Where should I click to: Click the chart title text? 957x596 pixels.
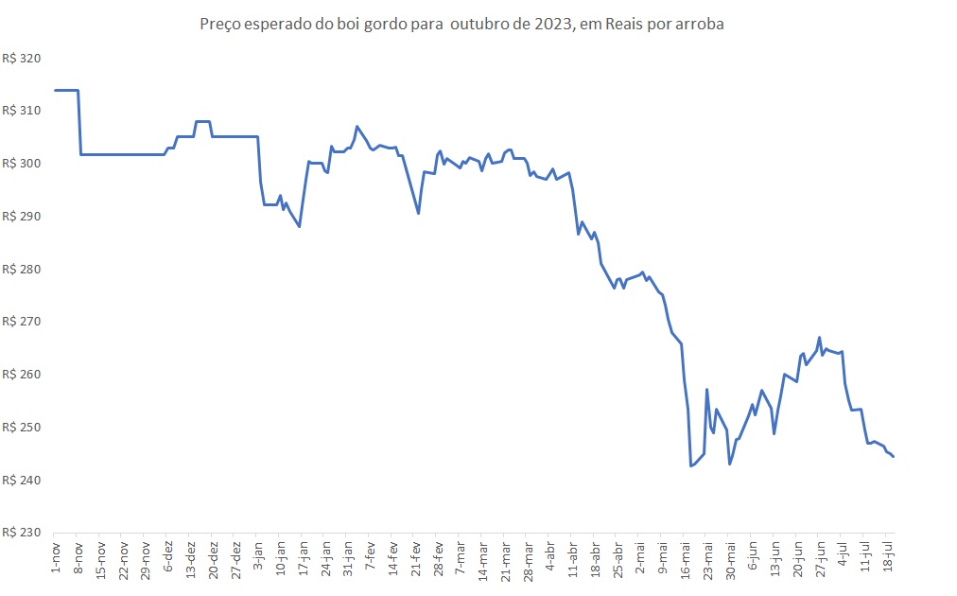pyautogui.click(x=461, y=25)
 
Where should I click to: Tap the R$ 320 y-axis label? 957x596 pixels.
pyautogui.click(x=23, y=59)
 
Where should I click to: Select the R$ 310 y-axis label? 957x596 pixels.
pyautogui.click(x=23, y=112)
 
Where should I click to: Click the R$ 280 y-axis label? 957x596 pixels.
pyautogui.click(x=23, y=270)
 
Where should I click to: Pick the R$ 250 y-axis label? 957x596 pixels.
pyautogui.click(x=23, y=428)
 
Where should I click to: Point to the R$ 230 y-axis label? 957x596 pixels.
pyautogui.click(x=23, y=533)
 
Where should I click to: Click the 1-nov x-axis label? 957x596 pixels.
pyautogui.click(x=55, y=557)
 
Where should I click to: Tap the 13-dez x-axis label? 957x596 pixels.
pyautogui.click(x=191, y=559)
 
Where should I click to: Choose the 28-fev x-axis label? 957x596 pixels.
pyautogui.click(x=439, y=559)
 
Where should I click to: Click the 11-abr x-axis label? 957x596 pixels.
pyautogui.click(x=573, y=559)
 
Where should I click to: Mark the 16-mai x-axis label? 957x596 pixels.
pyautogui.click(x=686, y=559)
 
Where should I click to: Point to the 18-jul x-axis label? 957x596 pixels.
pyautogui.click(x=886, y=557)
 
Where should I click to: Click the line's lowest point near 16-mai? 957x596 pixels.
pyautogui.click(x=691, y=466)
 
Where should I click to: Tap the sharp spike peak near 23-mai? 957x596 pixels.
pyautogui.click(x=707, y=389)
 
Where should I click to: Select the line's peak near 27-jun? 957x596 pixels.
pyautogui.click(x=819, y=338)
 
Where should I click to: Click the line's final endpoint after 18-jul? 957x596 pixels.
pyautogui.click(x=894, y=457)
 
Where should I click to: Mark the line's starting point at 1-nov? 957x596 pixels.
pyautogui.click(x=55, y=90)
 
